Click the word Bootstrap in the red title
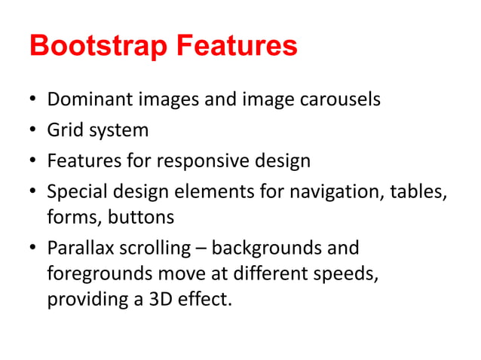coord(99,47)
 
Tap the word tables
coord(418,192)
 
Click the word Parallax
coord(78,248)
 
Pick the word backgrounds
coord(268,248)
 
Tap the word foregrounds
coord(98,273)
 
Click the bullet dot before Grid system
coord(34,131)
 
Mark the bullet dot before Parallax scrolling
coord(34,249)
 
